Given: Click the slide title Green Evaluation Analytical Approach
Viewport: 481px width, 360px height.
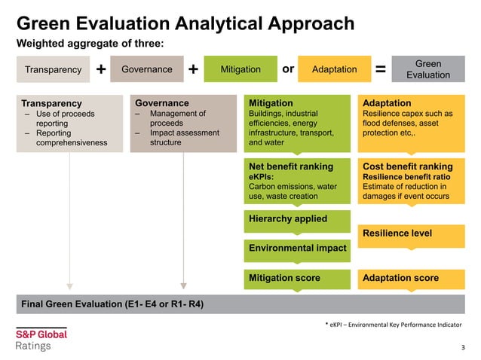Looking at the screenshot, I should tap(185, 23).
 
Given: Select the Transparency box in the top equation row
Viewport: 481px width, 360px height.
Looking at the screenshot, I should tap(53, 69).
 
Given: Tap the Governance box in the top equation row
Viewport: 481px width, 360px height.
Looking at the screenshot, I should tap(147, 69).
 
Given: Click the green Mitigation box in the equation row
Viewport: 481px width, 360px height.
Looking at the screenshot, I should tap(240, 69).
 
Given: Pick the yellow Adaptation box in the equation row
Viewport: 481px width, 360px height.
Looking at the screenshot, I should tap(334, 69).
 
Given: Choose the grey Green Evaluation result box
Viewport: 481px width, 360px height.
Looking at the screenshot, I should tap(427, 69).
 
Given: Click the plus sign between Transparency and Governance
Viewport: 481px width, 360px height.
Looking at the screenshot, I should tap(100, 69).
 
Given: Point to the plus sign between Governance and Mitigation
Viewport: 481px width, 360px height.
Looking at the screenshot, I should tap(194, 69).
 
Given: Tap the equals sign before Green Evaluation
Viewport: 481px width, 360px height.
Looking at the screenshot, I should tap(381, 69).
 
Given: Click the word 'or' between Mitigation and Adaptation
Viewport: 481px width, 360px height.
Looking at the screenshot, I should tap(287, 69).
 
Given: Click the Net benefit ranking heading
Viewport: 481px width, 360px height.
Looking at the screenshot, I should tap(290, 166).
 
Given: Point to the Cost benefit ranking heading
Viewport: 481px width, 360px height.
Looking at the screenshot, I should tap(407, 166).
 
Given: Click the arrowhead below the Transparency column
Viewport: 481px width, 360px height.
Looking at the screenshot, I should tap(69, 285).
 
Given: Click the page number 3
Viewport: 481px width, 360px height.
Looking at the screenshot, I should tap(463, 347).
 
